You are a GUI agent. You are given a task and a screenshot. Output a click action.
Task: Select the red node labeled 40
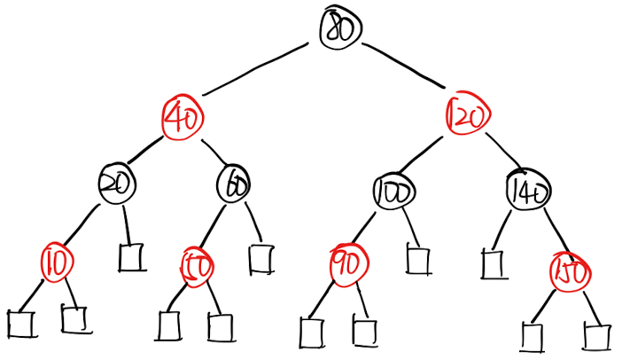(x=183, y=118)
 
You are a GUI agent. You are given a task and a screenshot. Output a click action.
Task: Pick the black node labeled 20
(x=116, y=184)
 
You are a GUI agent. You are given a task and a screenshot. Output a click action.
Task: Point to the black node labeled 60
(x=236, y=184)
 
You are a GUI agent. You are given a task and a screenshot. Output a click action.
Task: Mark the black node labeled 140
(x=528, y=191)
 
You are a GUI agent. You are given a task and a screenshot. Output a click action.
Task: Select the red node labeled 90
(x=346, y=263)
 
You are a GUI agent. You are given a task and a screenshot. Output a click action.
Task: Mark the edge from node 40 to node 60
(x=211, y=153)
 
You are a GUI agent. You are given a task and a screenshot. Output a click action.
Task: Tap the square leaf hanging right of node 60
(x=260, y=258)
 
